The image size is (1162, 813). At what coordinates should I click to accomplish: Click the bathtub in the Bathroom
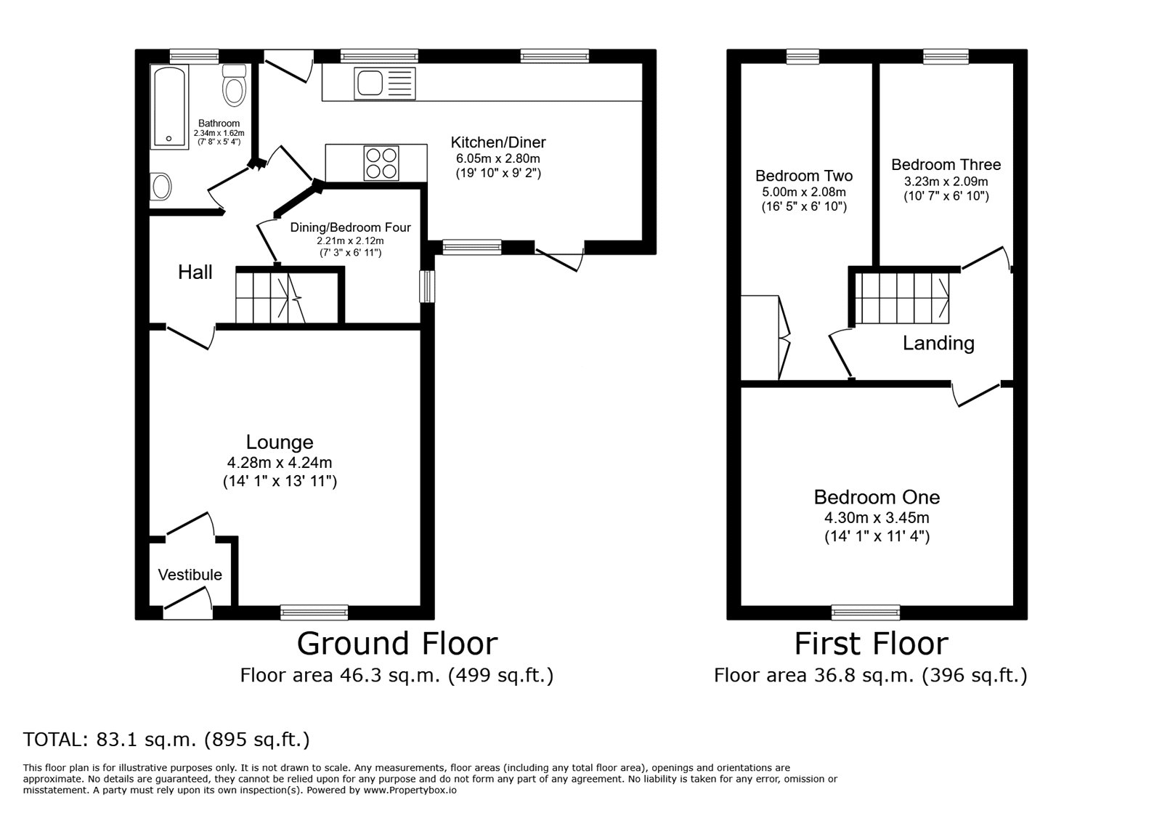pyautogui.click(x=169, y=106)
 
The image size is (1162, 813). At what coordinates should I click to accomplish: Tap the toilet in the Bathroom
pyautogui.click(x=234, y=86)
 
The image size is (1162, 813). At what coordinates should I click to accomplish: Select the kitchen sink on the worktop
pyautogui.click(x=384, y=83)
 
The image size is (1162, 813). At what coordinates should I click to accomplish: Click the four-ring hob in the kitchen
pyautogui.click(x=381, y=163)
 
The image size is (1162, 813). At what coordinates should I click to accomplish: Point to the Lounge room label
pyautogui.click(x=280, y=442)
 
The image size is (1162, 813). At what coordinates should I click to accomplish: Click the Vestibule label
pyautogui.click(x=190, y=575)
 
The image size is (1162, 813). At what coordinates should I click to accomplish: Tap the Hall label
pyautogui.click(x=195, y=272)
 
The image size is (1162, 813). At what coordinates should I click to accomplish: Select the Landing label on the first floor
pyautogui.click(x=938, y=343)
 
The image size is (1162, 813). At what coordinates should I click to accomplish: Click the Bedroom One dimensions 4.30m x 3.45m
pyautogui.click(x=877, y=518)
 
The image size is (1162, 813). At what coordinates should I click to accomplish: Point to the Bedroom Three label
pyautogui.click(x=946, y=165)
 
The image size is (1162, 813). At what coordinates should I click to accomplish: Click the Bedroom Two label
pyautogui.click(x=804, y=176)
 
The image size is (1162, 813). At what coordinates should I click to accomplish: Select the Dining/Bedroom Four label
pyautogui.click(x=350, y=227)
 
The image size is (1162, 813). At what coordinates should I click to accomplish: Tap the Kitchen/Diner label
pyautogui.click(x=498, y=142)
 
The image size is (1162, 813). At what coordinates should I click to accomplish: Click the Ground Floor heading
pyautogui.click(x=397, y=644)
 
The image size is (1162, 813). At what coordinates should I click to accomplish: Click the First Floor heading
pyautogui.click(x=871, y=644)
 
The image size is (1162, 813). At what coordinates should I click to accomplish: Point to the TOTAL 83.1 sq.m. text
pyautogui.click(x=166, y=740)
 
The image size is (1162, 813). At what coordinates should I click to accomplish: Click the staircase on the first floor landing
pyautogui.click(x=901, y=297)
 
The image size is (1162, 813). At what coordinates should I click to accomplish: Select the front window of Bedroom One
pyautogui.click(x=866, y=612)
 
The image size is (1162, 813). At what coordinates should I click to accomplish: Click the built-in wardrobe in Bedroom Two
pyautogui.click(x=760, y=337)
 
